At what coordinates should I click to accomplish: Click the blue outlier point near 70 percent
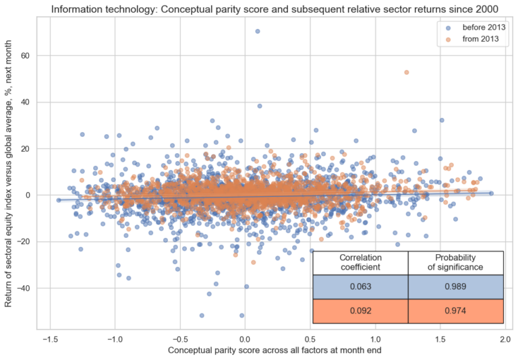click(x=258, y=31)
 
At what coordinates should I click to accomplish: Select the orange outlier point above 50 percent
click(x=406, y=72)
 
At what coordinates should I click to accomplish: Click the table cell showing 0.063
click(x=360, y=287)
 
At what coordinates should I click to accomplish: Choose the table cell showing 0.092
click(x=360, y=311)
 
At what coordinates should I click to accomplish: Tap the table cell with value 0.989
click(x=456, y=287)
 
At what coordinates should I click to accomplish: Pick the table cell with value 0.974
click(x=456, y=311)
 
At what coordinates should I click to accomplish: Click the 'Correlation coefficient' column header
click(x=360, y=263)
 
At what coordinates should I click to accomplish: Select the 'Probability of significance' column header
click(x=456, y=263)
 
